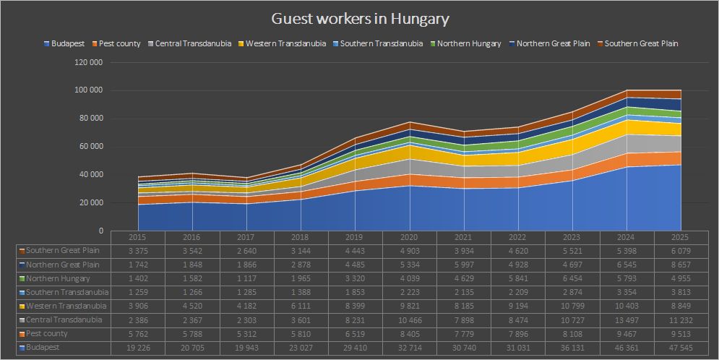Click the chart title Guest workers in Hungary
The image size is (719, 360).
(x=360, y=18)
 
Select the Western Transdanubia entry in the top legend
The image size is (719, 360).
(x=285, y=44)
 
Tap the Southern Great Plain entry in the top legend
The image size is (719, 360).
(x=641, y=44)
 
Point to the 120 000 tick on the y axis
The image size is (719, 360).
(x=90, y=63)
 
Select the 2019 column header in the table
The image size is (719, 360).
(x=355, y=237)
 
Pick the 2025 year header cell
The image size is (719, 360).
(x=681, y=237)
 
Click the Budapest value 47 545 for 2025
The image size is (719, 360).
(x=681, y=348)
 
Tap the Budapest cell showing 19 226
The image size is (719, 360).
(x=137, y=348)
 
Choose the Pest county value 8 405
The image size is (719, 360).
(x=409, y=334)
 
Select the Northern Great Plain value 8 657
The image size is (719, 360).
(x=681, y=265)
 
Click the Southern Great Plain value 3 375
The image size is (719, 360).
(x=137, y=251)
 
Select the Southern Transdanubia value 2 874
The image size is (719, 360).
(x=572, y=292)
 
